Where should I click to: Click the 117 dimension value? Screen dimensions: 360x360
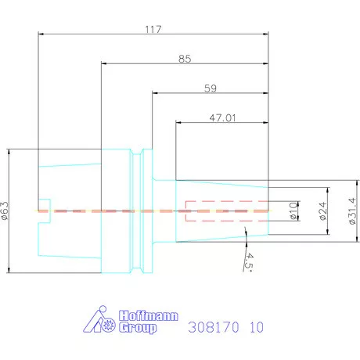tap(153, 29)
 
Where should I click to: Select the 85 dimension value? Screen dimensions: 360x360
tap(185, 59)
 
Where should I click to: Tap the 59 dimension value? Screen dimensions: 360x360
tap(210, 88)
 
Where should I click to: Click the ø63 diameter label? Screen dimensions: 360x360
tap(6, 211)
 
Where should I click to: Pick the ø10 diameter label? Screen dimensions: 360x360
tap(293, 211)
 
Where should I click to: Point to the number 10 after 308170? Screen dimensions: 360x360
tap(256, 328)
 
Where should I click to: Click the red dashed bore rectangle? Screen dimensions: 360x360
tap(227, 211)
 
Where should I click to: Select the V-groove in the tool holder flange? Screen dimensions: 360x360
tap(140, 211)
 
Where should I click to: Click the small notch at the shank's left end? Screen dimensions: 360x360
tap(45, 211)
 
